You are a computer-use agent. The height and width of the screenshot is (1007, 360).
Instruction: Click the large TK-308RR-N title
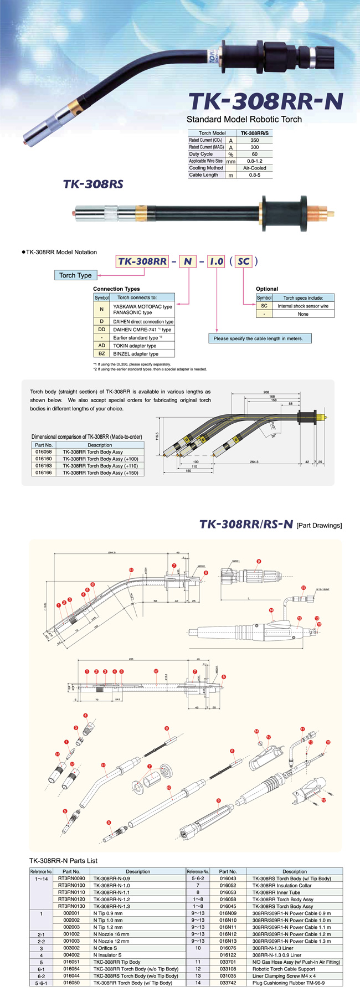[x=265, y=101]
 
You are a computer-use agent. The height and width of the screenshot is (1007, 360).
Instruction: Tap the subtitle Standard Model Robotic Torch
[x=244, y=119]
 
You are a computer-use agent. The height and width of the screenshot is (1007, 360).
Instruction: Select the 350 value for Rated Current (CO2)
[x=254, y=140]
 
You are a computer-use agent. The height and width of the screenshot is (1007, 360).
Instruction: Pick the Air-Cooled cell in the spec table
[x=254, y=168]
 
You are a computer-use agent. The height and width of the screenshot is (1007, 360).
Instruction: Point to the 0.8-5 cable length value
[x=254, y=175]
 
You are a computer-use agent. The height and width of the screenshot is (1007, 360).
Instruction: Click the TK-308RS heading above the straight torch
[x=93, y=184]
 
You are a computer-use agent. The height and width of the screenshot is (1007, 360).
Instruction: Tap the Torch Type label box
[x=75, y=275]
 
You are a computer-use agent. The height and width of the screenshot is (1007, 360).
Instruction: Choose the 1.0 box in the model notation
[x=216, y=261]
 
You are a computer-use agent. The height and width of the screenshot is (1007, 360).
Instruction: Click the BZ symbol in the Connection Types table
[x=102, y=353]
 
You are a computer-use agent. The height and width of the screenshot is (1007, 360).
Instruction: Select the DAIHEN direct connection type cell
[x=143, y=321]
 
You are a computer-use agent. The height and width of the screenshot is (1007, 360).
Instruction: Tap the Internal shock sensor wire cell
[x=303, y=306]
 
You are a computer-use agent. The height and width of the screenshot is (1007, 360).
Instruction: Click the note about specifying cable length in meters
[x=258, y=338]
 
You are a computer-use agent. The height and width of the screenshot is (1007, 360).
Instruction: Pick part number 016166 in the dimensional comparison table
[x=44, y=472]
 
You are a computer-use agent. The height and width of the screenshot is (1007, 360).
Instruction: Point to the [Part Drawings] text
[x=319, y=525]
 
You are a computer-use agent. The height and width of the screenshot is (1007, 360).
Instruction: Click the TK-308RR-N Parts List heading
[x=63, y=860]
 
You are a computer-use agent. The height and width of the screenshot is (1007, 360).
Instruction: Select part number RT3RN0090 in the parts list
[x=71, y=878]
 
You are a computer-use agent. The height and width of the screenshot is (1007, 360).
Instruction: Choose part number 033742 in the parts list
[x=228, y=983]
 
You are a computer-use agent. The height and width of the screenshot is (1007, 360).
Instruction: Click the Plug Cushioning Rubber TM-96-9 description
[x=289, y=983]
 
